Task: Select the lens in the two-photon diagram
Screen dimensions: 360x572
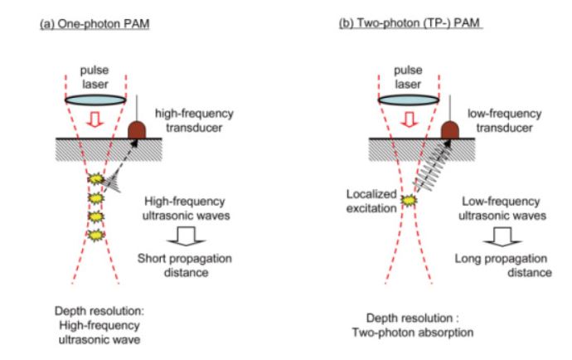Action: point(401,97)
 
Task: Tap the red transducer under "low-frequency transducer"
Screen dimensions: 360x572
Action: point(450,129)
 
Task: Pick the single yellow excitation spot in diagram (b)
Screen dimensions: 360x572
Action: point(405,200)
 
